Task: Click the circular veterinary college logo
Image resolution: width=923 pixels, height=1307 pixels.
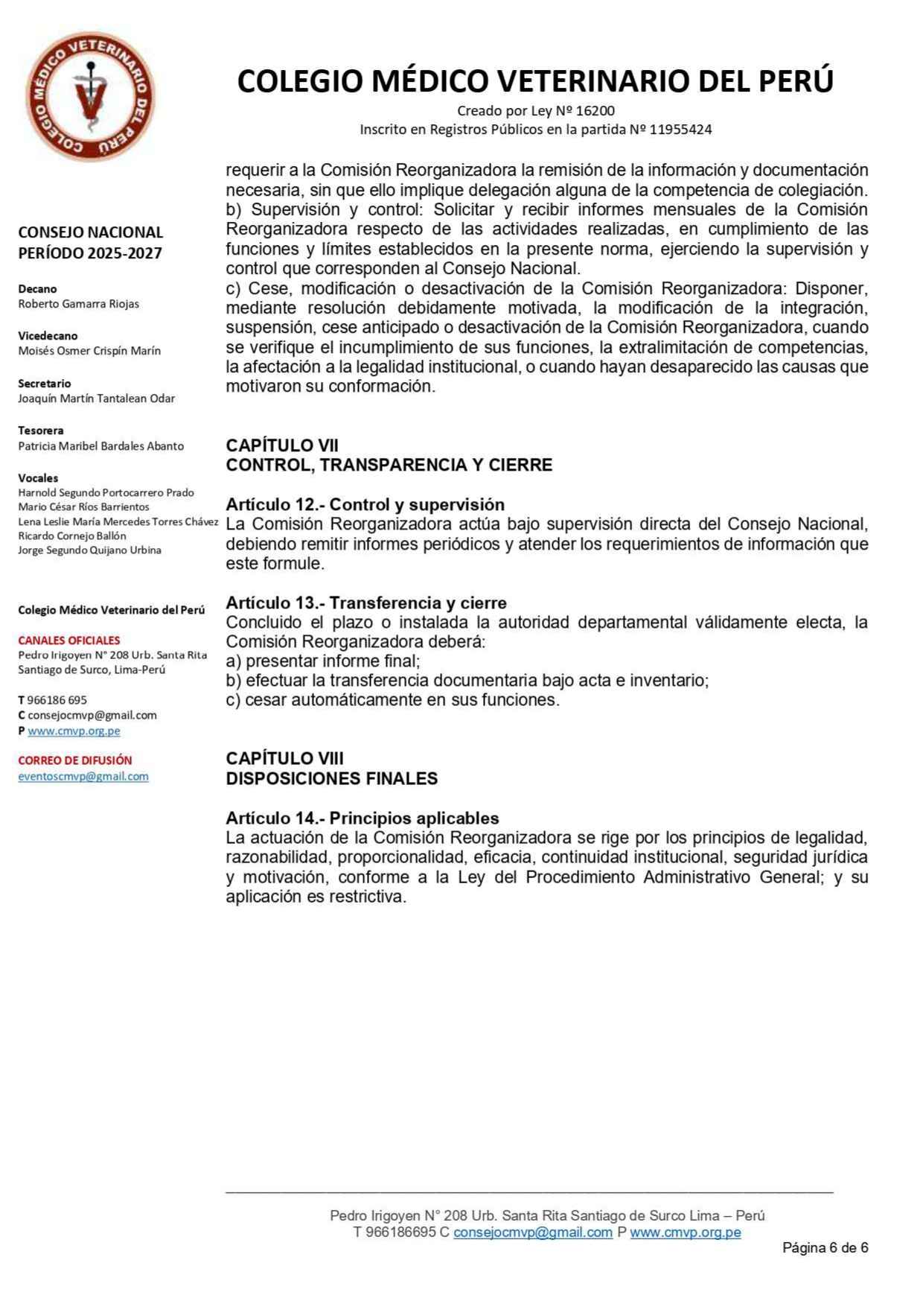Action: [91, 95]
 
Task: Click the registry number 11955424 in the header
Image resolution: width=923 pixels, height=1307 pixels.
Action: [680, 130]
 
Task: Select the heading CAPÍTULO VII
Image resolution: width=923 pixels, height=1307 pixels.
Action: [282, 445]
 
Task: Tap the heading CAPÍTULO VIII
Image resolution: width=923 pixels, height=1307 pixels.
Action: [284, 758]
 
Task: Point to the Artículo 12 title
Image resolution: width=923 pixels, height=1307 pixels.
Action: [365, 504]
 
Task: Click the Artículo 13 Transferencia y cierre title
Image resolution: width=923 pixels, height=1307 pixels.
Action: [366, 602]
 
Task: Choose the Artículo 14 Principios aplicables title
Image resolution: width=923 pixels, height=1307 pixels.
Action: [363, 818]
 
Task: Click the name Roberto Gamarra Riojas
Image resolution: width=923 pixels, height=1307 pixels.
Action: [79, 304]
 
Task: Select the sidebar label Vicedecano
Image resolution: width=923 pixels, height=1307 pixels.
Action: [48, 336]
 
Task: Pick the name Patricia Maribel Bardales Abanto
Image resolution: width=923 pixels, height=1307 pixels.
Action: [101, 446]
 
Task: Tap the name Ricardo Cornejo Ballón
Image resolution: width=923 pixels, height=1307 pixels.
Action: [72, 535]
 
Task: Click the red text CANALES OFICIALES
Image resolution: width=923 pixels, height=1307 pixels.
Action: [69, 640]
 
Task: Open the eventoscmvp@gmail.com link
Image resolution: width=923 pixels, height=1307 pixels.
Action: [83, 776]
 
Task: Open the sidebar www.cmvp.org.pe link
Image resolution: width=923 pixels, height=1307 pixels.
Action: [74, 731]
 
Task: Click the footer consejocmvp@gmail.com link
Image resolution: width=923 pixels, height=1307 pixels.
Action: [532, 1232]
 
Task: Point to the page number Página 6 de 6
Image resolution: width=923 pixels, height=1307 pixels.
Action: [825, 1247]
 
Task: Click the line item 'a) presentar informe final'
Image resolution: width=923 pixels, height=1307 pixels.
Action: [323, 661]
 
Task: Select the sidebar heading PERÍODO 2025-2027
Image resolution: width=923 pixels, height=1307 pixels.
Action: [90, 253]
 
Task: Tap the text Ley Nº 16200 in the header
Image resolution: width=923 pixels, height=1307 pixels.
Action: [572, 111]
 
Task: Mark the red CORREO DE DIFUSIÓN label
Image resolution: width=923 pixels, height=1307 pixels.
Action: [75, 760]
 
